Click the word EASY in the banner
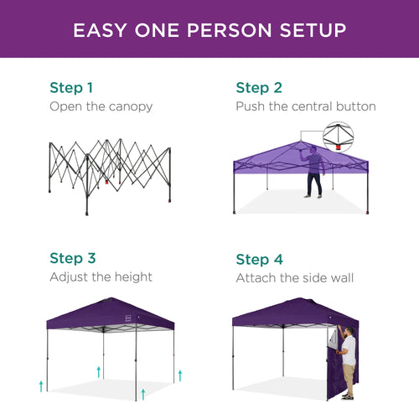click(100, 30)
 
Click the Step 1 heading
click(71, 87)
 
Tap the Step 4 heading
click(258, 258)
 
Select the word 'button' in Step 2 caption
click(354, 106)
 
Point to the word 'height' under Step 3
click(132, 277)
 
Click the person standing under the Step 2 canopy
click(313, 172)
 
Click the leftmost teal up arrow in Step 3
click(41, 385)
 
